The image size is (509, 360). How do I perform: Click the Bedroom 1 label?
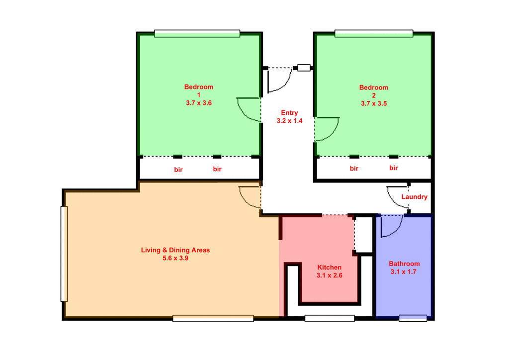point(198,90)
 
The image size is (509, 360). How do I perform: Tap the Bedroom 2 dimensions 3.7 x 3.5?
point(374,104)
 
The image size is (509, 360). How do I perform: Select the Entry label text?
point(289,113)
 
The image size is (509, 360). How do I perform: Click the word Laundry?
point(414,197)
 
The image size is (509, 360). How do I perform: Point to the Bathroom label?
point(404,264)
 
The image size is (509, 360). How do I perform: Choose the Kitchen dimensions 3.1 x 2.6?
point(329,275)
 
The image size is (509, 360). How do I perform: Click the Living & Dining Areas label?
point(175,250)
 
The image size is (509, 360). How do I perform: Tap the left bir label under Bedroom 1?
point(178,170)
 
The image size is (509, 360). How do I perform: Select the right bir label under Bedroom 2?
point(394,169)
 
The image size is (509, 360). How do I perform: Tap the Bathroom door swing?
point(392,227)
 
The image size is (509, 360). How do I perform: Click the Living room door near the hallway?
point(250,197)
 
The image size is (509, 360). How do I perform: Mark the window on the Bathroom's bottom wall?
point(413,318)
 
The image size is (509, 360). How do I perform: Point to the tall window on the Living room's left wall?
point(64,254)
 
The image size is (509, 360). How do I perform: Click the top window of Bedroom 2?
point(373,33)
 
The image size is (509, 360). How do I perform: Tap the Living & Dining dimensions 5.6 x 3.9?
point(175,259)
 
